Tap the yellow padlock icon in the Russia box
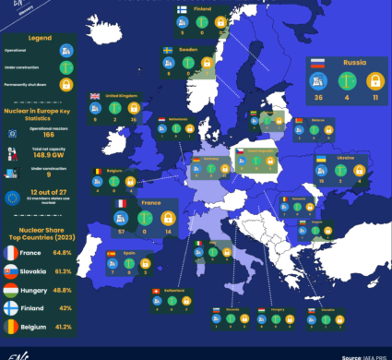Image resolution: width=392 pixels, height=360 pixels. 374,80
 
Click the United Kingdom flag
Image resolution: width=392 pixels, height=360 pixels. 95,96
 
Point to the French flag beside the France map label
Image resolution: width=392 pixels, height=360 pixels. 120,203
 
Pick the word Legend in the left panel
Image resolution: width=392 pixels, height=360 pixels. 39,38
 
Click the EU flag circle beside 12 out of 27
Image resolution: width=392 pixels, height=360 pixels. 13,196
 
